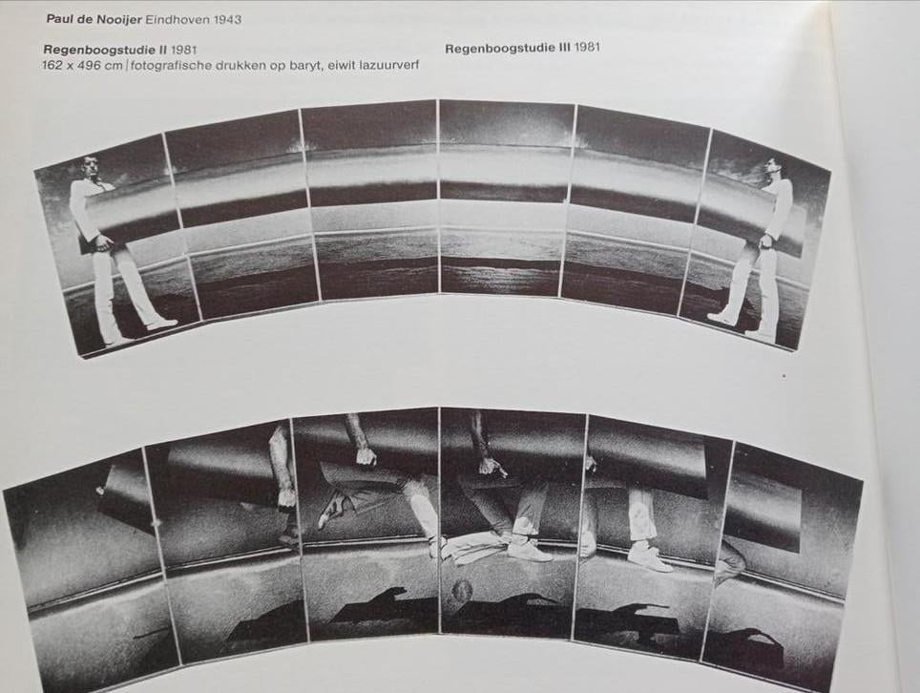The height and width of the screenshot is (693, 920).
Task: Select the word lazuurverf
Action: point(387,65)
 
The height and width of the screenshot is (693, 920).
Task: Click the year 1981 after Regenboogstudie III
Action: point(587,47)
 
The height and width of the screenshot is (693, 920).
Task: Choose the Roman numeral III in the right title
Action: point(562,47)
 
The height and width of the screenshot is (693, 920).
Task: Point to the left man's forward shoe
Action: point(162,324)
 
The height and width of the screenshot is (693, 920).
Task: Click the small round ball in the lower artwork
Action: point(462,591)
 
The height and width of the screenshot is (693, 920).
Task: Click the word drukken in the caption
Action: point(251,65)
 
